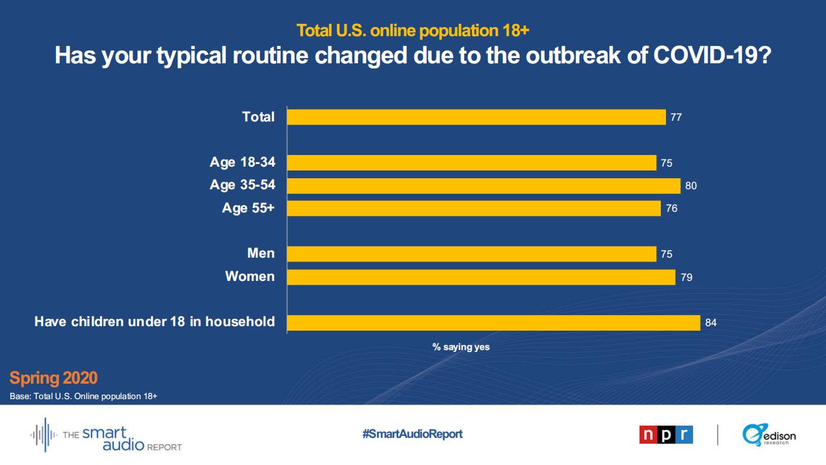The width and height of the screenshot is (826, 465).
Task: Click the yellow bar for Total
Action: (476, 117)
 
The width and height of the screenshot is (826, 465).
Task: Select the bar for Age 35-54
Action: (483, 186)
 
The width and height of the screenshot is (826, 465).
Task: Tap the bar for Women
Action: (481, 277)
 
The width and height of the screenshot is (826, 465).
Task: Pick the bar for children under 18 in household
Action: (493, 322)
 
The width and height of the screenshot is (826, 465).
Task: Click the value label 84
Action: (711, 323)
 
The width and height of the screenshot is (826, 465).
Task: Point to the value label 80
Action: (691, 186)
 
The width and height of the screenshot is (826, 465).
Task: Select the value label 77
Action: (676, 118)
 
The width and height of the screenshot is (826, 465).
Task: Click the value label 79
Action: (687, 278)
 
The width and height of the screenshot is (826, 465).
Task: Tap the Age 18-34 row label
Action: (242, 162)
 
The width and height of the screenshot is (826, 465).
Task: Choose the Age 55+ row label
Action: (248, 208)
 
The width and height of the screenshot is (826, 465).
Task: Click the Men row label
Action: (261, 253)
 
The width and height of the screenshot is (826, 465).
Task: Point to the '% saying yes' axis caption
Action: (461, 347)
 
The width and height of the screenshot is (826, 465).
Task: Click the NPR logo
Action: (666, 435)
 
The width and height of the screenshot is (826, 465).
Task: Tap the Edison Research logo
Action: (769, 435)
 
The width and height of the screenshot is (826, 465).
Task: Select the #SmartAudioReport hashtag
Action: (412, 434)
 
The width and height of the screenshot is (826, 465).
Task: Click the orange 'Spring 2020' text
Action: (54, 378)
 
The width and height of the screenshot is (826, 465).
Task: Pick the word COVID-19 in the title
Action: (712, 56)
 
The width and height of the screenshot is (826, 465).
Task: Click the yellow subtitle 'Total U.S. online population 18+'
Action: (413, 30)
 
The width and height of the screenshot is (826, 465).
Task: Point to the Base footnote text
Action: (83, 396)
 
